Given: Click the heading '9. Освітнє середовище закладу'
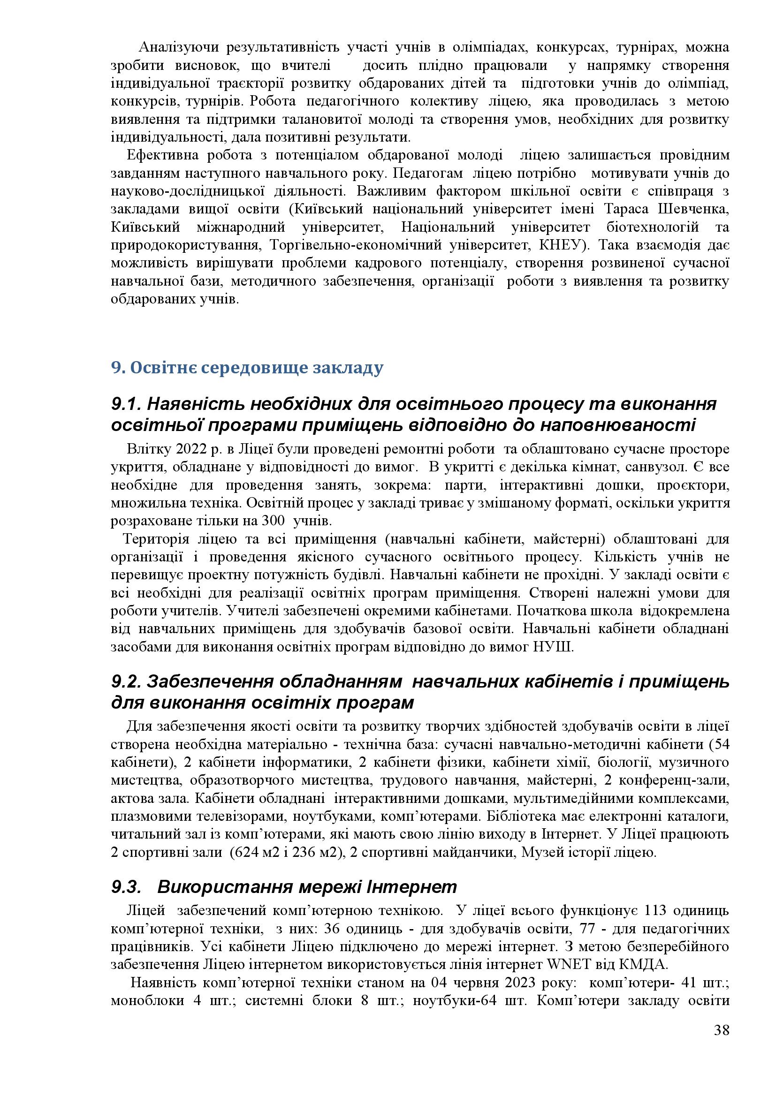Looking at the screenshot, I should (x=247, y=368).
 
